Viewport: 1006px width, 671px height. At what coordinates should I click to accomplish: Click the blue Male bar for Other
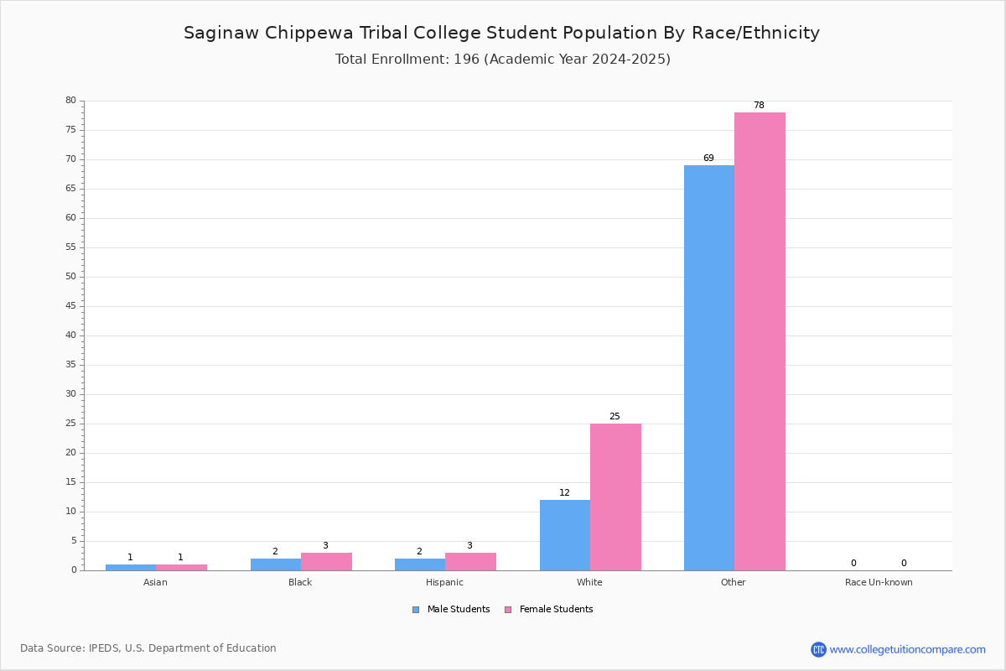pos(709,367)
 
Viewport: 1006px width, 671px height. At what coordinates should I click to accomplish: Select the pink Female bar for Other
pos(760,341)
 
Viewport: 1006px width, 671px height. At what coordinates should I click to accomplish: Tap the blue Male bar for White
pos(565,535)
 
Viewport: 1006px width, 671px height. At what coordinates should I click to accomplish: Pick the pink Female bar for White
pos(615,497)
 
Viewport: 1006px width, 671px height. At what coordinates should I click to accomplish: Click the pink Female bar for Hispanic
pos(470,562)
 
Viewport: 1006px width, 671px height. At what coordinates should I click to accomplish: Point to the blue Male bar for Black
pos(276,564)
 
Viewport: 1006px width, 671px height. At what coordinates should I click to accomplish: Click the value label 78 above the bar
pos(759,105)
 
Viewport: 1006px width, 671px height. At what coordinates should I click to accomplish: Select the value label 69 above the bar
pos(708,158)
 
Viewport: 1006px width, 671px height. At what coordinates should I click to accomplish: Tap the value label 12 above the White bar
pos(564,492)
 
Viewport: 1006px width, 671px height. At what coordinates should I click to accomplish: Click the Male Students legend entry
pos(451,610)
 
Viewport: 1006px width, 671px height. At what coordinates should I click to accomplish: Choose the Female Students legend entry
pos(549,610)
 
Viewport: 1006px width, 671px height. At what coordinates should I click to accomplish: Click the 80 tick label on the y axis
pos(71,100)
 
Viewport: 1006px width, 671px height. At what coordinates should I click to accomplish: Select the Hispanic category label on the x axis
pos(444,582)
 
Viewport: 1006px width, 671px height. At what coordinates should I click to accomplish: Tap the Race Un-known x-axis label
pos(879,582)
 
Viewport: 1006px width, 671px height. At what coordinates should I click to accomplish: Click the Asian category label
pos(155,582)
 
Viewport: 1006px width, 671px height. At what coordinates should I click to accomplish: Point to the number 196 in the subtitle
pos(466,60)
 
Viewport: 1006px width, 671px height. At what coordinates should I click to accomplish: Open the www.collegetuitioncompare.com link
pos(907,649)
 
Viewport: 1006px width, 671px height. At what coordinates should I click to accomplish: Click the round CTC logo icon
pos(818,649)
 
